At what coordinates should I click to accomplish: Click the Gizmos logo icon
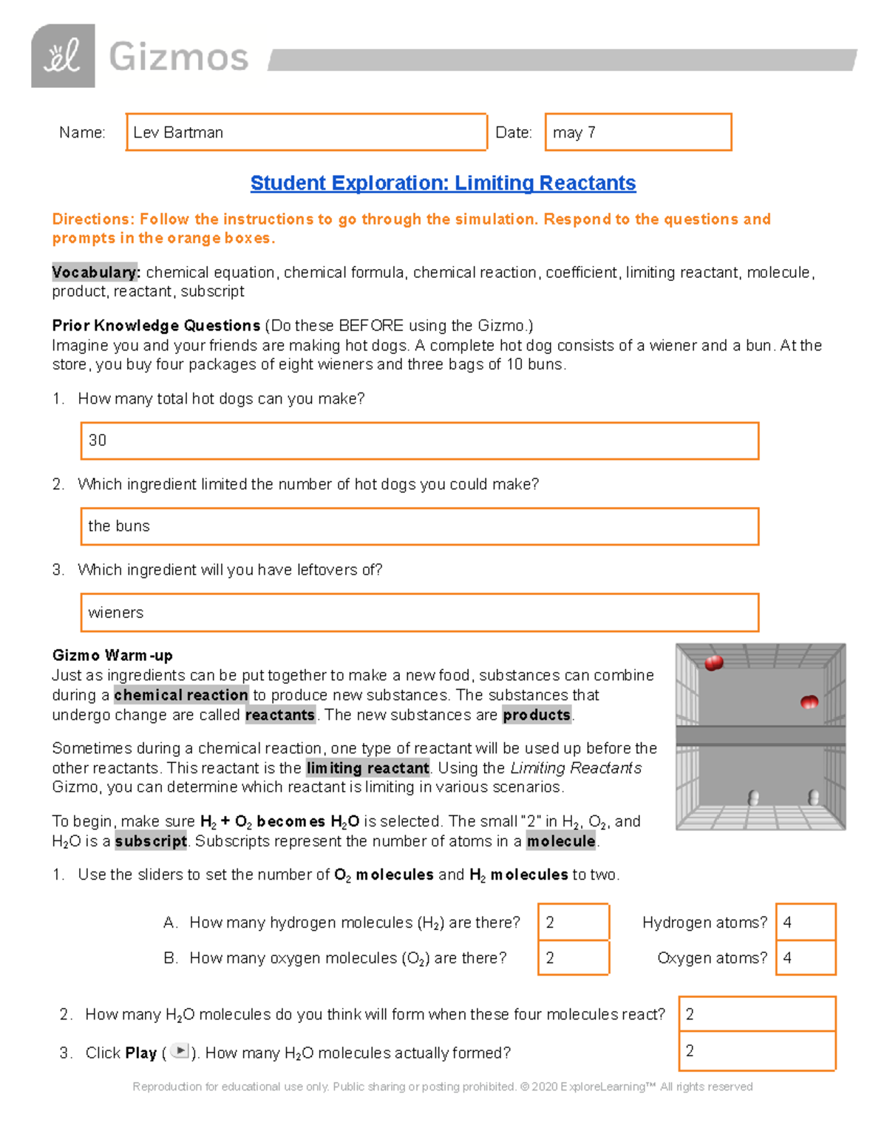[x=63, y=56]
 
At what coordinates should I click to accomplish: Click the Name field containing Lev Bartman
[x=306, y=132]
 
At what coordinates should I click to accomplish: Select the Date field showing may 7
[x=638, y=132]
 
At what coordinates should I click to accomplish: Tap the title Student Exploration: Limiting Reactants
[x=443, y=183]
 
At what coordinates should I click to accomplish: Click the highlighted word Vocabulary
[x=95, y=273]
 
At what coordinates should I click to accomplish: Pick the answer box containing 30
[x=419, y=441]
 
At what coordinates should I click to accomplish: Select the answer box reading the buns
[x=419, y=526]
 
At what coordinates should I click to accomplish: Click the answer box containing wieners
[x=419, y=613]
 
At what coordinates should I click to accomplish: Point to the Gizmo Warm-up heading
[x=112, y=656]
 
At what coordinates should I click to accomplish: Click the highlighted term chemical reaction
[x=181, y=696]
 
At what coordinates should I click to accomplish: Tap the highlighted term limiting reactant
[x=367, y=768]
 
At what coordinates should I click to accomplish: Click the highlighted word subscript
[x=151, y=841]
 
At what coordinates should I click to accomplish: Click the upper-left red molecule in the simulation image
[x=714, y=663]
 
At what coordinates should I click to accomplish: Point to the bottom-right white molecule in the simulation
[x=814, y=798]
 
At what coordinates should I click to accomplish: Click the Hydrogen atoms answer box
[x=806, y=923]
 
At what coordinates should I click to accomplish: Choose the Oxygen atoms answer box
[x=806, y=958]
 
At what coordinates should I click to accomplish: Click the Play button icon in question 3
[x=179, y=1051]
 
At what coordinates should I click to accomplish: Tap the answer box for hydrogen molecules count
[x=574, y=923]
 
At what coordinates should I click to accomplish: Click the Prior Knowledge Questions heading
[x=156, y=326]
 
